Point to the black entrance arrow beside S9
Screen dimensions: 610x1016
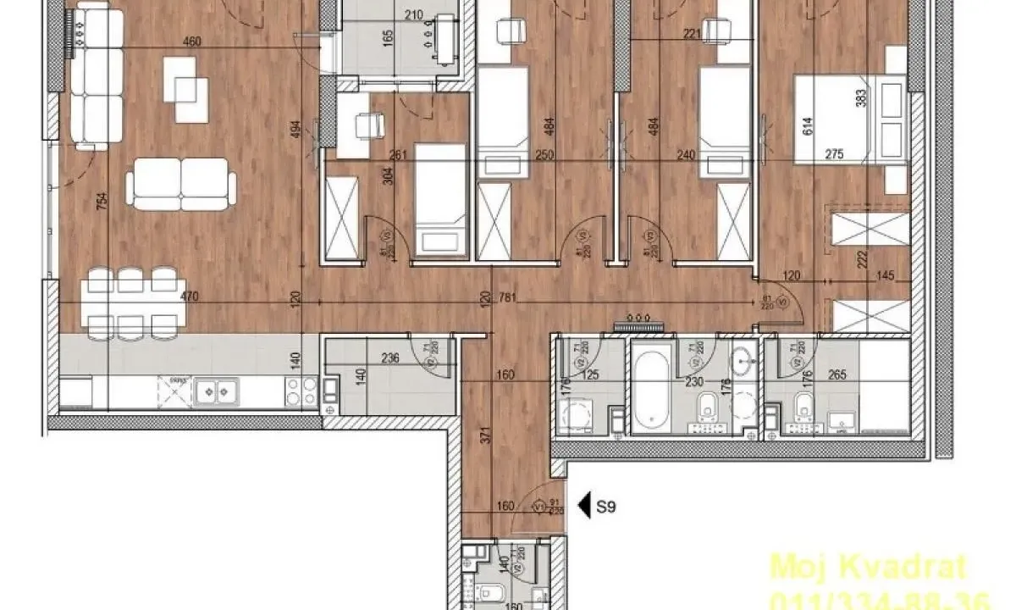click(583, 507)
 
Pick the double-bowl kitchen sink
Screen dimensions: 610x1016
click(215, 391)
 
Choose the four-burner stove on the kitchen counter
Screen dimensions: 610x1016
click(296, 391)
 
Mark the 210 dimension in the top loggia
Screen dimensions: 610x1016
click(413, 14)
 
